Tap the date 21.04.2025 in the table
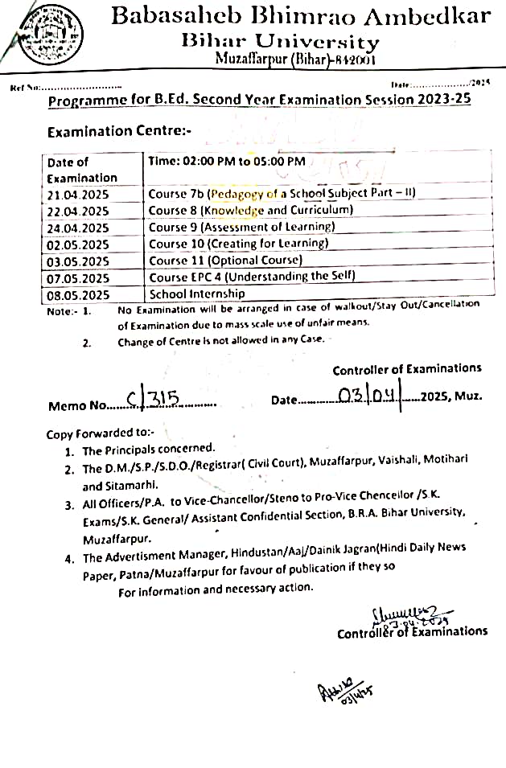(78, 195)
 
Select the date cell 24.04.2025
(78, 228)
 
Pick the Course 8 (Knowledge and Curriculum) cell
(250, 211)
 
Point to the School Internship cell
(198, 294)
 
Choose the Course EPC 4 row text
(252, 277)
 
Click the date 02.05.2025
(78, 244)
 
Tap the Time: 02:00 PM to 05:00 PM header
(227, 162)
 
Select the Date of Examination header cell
(81, 170)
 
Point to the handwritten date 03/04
(369, 396)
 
